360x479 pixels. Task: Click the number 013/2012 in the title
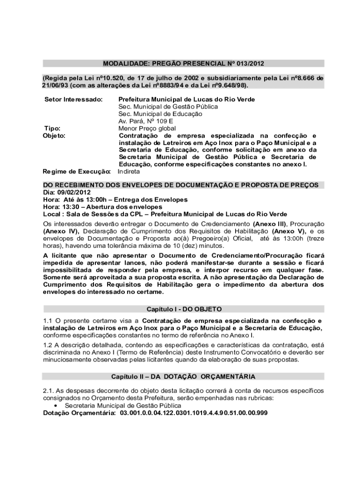click(x=253, y=63)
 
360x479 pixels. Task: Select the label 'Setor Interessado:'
click(x=73, y=100)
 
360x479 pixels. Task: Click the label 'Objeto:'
click(x=54, y=136)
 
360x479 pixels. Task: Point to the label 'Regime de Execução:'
click(x=77, y=172)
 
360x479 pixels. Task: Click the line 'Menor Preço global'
click(x=147, y=128)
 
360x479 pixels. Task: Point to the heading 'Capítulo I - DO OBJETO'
click(x=184, y=309)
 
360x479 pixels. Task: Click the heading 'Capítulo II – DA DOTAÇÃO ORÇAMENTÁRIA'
click(x=183, y=377)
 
